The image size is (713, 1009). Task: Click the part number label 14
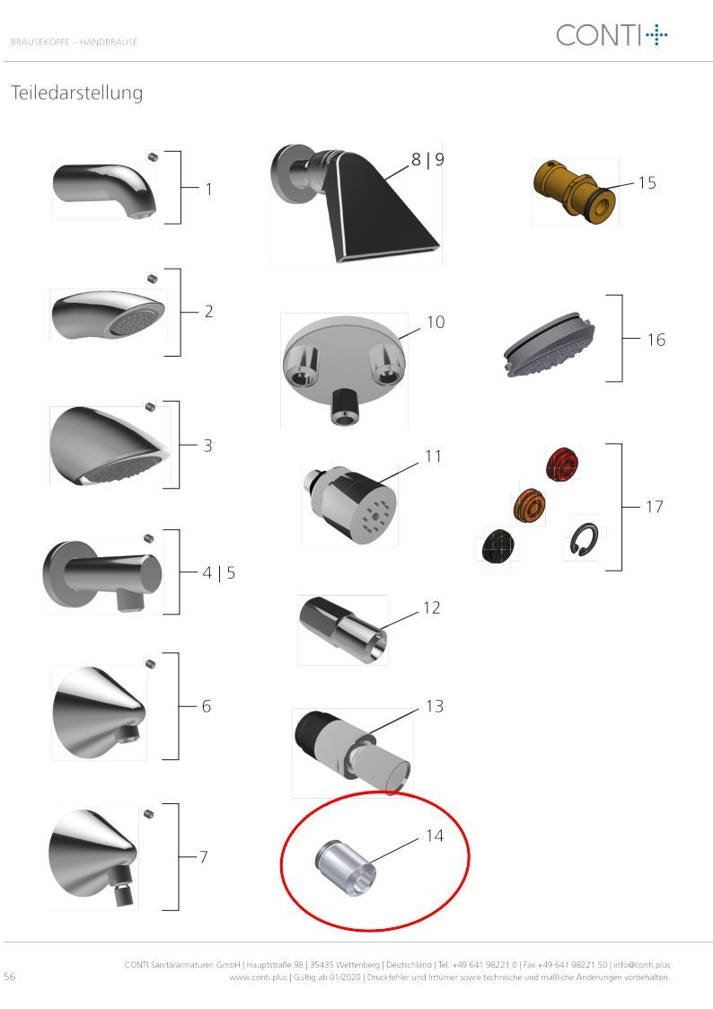[x=435, y=836]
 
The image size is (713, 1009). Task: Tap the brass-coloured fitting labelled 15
[x=575, y=190]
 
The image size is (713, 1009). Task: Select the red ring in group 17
[x=562, y=464]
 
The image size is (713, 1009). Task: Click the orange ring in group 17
[x=529, y=505]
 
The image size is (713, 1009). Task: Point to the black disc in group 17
[x=498, y=546]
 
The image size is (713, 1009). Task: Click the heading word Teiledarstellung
[x=77, y=93]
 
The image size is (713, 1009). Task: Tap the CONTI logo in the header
[x=612, y=35]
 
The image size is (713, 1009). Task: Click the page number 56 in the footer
[x=10, y=976]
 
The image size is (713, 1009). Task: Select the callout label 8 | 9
[x=427, y=159]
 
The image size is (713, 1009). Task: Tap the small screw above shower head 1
[x=153, y=156]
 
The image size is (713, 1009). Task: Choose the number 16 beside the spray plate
[x=656, y=339]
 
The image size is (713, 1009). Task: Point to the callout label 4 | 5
[x=218, y=572]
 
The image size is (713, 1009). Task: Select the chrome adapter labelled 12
[x=343, y=629]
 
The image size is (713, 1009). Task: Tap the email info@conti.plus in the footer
[x=642, y=965]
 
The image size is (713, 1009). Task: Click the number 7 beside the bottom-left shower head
[x=203, y=856]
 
